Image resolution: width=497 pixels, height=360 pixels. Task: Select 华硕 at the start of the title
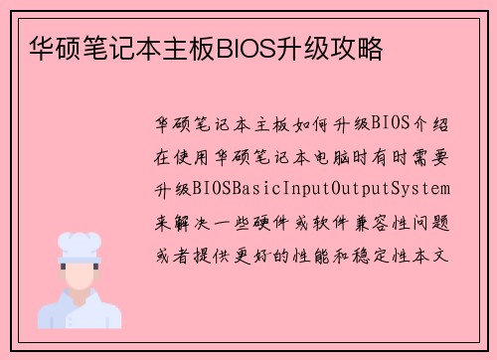point(45,49)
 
